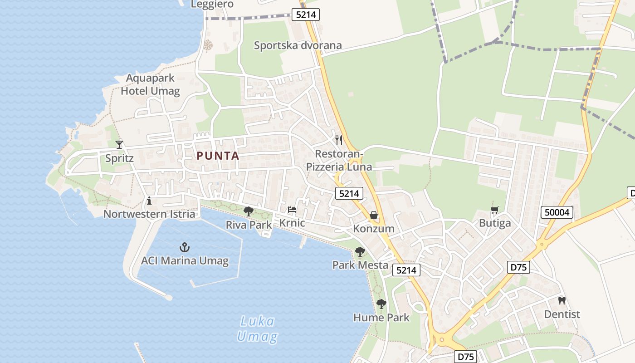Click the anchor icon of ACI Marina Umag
point(184,247)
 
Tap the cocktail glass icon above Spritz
point(119,145)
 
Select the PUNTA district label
point(218,156)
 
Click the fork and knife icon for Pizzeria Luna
point(338,140)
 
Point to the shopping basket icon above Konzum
point(374,215)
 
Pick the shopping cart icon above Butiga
point(494,210)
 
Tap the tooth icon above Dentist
point(562,300)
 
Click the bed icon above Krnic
point(292,210)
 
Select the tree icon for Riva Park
point(248,211)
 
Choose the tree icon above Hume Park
point(381,304)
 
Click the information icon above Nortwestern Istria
point(149,201)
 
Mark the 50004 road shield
point(557,212)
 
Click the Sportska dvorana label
point(298,45)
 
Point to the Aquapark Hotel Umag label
point(150,84)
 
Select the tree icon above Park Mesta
point(360,251)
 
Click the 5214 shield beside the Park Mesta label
point(405,270)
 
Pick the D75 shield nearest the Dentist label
point(518,267)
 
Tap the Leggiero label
point(212,4)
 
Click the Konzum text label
point(374,229)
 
